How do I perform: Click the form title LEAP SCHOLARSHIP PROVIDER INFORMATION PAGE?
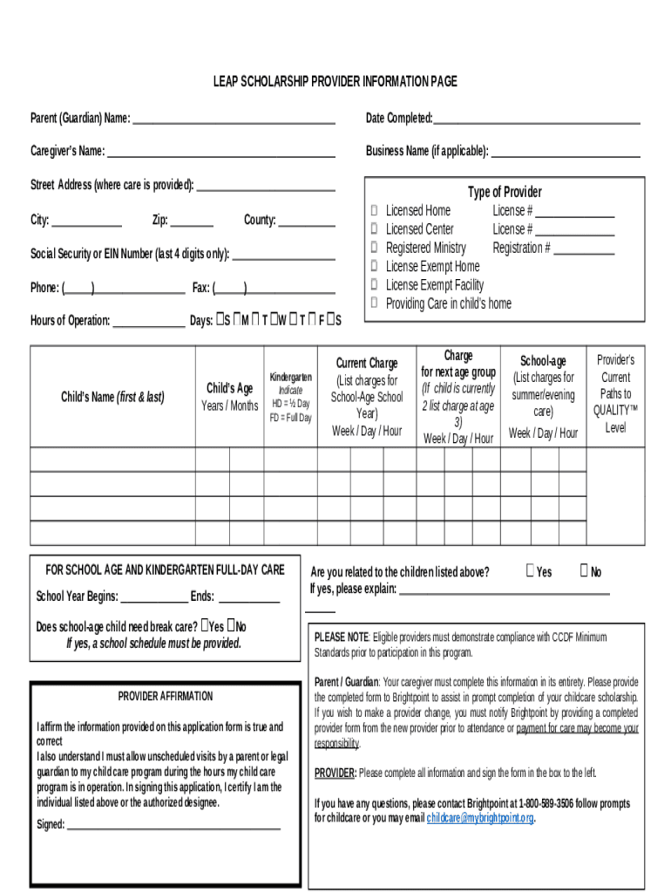(335, 82)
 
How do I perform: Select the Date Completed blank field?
(536, 119)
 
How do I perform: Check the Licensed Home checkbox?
(374, 211)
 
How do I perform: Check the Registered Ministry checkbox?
(374, 248)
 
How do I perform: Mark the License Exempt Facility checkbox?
(374, 285)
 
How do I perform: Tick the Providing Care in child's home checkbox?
(374, 303)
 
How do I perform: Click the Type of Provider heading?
(505, 192)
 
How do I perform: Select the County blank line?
(306, 221)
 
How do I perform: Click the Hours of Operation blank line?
(149, 321)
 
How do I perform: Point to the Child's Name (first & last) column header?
(112, 397)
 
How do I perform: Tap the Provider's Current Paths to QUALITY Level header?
(615, 394)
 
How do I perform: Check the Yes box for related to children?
(530, 571)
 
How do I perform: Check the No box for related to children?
(583, 571)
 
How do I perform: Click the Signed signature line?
(173, 825)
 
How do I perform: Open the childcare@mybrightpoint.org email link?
(479, 819)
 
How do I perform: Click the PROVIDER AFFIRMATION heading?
(165, 696)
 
